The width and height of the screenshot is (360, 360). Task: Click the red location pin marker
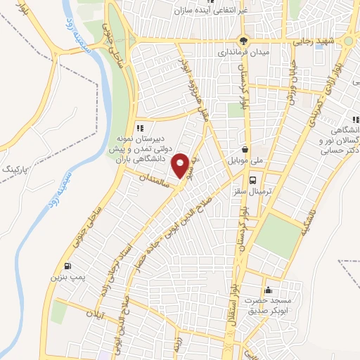[x=181, y=166]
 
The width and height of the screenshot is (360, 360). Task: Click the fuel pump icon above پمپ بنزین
[x=67, y=266]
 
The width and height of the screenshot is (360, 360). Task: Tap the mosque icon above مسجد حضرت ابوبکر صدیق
[x=267, y=290]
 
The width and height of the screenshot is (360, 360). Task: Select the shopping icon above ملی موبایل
[x=245, y=149]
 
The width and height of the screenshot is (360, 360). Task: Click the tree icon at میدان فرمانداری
[x=243, y=40]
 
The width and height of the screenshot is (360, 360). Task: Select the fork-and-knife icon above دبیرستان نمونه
[x=140, y=128]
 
